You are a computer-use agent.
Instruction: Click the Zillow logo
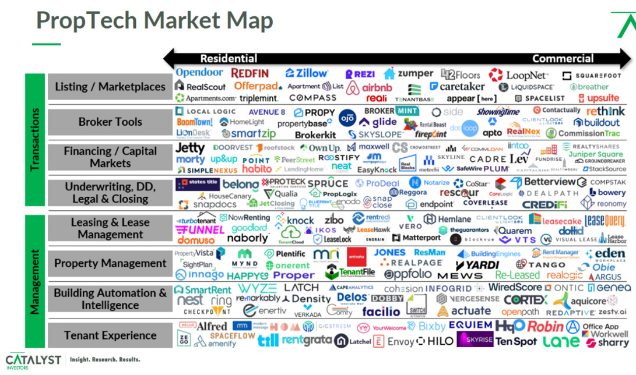click(x=307, y=73)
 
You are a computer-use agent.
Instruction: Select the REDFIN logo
click(x=250, y=73)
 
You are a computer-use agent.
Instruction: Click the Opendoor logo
click(x=199, y=73)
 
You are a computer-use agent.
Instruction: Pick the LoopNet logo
click(x=519, y=75)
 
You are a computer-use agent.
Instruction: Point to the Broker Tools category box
click(x=110, y=122)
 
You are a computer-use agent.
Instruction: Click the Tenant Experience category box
click(x=110, y=335)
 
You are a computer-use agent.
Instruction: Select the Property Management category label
click(x=110, y=263)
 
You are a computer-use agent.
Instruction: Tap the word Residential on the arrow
click(x=229, y=58)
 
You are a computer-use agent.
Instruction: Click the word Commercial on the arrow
click(x=563, y=58)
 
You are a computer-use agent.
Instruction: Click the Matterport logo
click(x=417, y=238)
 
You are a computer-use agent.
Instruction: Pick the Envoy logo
click(x=395, y=341)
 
